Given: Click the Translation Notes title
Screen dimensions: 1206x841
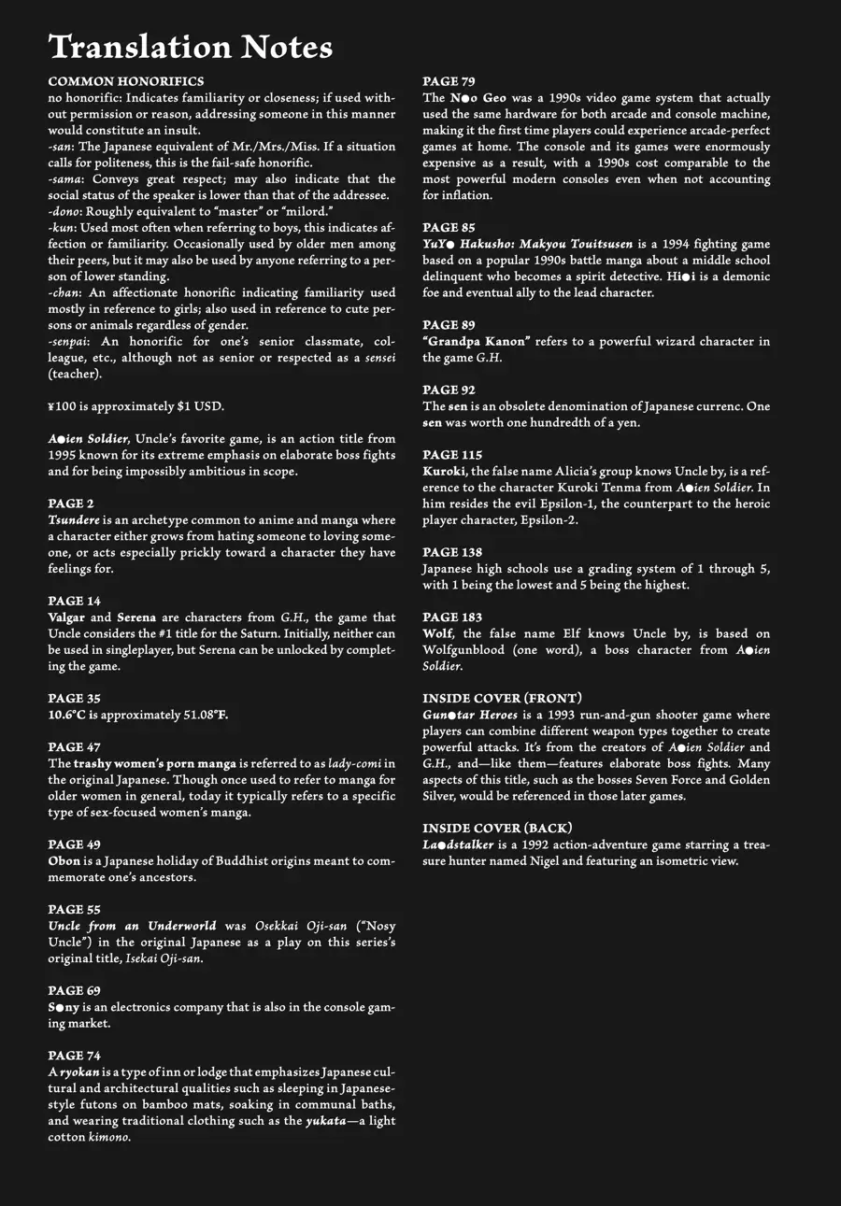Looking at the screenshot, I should tap(190, 47).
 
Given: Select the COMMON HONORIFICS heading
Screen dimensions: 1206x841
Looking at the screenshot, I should tap(125, 81).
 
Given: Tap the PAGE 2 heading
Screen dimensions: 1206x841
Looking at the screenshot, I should tap(71, 504).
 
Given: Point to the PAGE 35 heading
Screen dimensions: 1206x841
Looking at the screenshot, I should tap(74, 698).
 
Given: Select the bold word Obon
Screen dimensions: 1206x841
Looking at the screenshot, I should tap(64, 860).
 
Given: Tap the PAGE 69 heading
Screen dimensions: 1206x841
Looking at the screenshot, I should tap(74, 990).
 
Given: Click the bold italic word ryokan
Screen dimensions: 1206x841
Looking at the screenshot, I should tap(79, 1071).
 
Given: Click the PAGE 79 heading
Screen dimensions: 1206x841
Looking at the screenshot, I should tap(449, 81).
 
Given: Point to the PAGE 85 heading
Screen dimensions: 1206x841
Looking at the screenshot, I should tap(449, 227).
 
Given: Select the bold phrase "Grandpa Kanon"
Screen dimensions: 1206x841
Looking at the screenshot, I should tap(477, 341).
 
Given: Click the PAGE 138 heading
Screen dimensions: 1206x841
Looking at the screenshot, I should tap(452, 552).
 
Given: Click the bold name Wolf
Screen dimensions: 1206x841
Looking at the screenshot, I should tap(439, 633).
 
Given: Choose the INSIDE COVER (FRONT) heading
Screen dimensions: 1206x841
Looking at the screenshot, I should tap(503, 698).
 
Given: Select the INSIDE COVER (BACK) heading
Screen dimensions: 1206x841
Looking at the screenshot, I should tap(497, 828).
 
